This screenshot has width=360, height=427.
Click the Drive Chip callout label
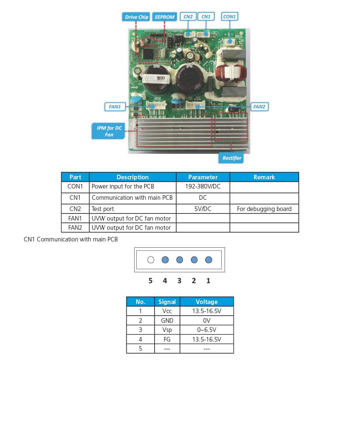(x=137, y=17)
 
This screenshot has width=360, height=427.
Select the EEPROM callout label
(x=164, y=17)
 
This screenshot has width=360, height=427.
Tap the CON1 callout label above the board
(x=229, y=17)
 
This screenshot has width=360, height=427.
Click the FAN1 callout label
(x=115, y=107)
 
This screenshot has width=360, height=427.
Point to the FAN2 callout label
(x=259, y=107)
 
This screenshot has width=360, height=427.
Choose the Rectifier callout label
(x=232, y=158)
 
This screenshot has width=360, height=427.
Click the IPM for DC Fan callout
(x=109, y=131)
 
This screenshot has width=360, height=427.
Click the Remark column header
(x=264, y=177)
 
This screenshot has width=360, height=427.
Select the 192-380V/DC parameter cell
(x=203, y=187)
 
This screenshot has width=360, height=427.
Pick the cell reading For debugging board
(x=264, y=209)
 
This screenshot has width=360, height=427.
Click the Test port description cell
(x=132, y=209)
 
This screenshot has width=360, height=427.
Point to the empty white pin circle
(x=151, y=260)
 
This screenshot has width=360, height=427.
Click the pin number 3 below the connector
(x=179, y=281)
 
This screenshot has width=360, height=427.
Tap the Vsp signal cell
(x=167, y=330)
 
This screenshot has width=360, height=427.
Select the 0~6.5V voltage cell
(x=207, y=330)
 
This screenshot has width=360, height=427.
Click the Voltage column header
(x=207, y=302)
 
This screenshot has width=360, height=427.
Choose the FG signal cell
(x=167, y=339)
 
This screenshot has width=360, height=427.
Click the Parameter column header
(x=203, y=177)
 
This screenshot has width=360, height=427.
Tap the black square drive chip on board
(x=148, y=53)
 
